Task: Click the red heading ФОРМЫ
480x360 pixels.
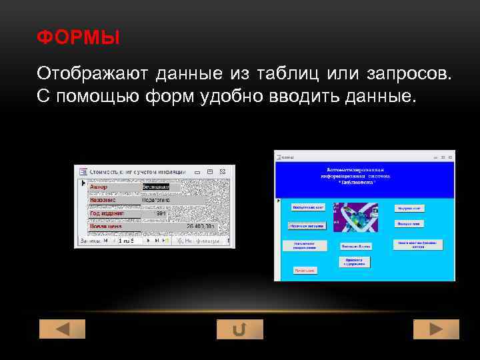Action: (x=79, y=38)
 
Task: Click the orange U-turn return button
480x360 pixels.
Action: (x=240, y=329)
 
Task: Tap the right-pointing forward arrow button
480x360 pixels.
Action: (x=436, y=329)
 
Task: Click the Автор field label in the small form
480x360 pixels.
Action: (x=99, y=187)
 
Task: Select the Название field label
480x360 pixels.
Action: (x=103, y=200)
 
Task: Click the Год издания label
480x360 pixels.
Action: (x=105, y=213)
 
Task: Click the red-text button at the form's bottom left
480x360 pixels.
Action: (x=305, y=271)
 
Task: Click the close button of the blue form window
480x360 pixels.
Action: (x=451, y=157)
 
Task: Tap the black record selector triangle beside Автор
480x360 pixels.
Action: (x=83, y=182)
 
